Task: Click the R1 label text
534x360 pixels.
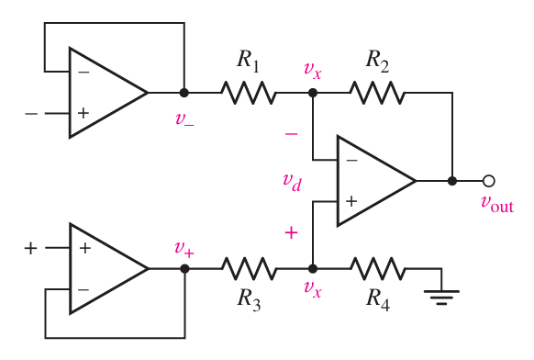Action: coord(248,62)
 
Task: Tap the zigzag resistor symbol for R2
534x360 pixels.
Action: coord(376,93)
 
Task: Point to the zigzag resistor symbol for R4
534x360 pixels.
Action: coord(376,269)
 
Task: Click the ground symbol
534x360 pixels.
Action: coord(441,293)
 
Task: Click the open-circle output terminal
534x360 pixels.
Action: coord(489,181)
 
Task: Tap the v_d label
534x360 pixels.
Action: coord(293,180)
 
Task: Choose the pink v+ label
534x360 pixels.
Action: coord(185,247)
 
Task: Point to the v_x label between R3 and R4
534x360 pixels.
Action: coord(313,294)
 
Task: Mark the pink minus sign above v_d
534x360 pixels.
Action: coord(292,134)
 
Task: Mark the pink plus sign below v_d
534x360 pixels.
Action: coord(292,232)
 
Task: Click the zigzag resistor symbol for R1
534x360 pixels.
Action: coord(248,93)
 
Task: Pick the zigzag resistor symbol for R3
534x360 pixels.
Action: coord(248,269)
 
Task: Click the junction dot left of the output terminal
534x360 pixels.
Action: coord(452,181)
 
